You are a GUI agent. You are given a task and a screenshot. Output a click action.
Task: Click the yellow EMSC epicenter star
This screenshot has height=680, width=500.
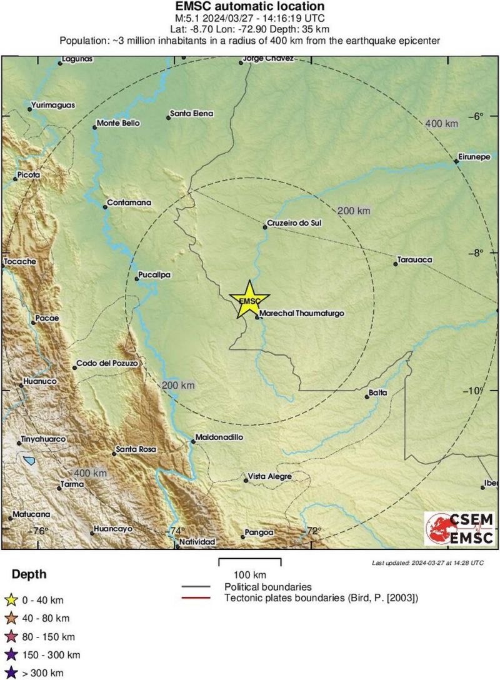tap(249, 300)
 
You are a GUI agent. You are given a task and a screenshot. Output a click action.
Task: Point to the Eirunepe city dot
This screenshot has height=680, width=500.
tap(457, 162)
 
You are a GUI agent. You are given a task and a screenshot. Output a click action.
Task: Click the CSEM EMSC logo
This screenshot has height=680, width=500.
tap(459, 528)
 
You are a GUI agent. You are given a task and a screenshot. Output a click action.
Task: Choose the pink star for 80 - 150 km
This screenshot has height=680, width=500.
tap(9, 637)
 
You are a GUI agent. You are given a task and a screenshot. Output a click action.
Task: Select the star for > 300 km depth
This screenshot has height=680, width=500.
tap(9, 673)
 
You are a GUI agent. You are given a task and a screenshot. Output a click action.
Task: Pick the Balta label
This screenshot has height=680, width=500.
tap(378, 392)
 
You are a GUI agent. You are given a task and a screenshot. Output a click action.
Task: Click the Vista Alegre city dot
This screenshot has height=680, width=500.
tap(245, 480)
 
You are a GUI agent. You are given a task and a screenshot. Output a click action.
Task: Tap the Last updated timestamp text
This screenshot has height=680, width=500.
tap(427, 562)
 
